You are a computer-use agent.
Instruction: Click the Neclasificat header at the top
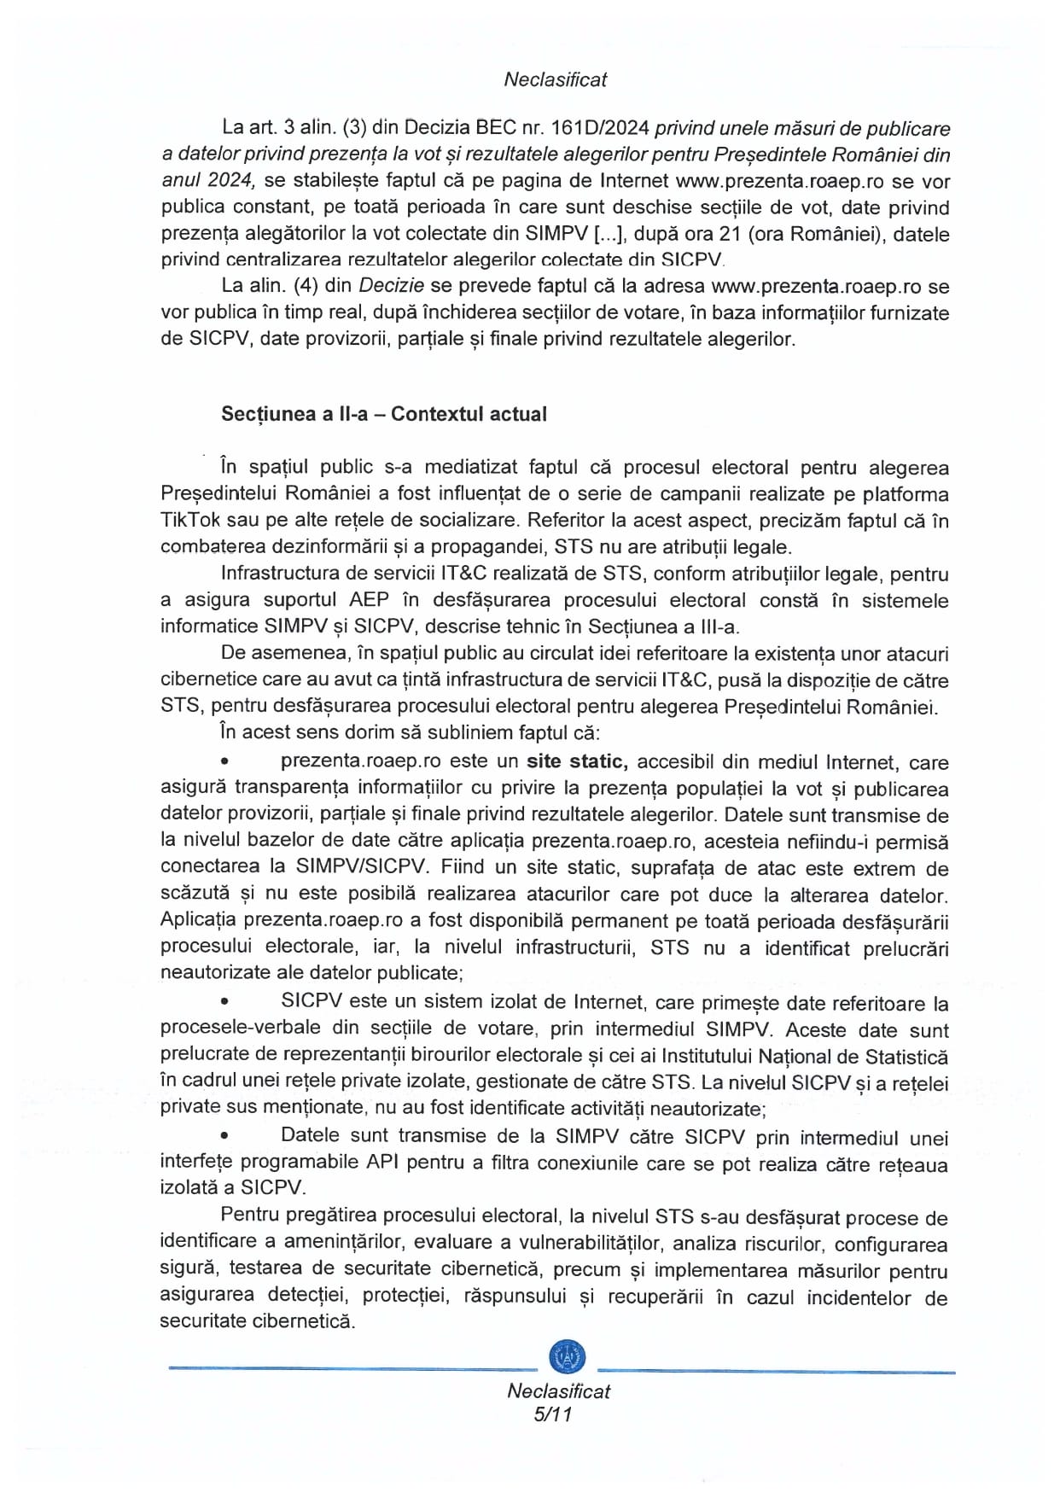click(x=555, y=79)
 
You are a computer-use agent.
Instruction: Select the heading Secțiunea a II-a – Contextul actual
click(x=383, y=414)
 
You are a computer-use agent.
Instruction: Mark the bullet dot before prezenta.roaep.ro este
click(x=225, y=762)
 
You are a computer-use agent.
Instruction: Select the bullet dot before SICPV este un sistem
click(x=225, y=1004)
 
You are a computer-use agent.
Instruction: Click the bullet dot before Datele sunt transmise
click(x=225, y=1137)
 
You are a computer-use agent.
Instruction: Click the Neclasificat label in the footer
click(x=558, y=1390)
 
